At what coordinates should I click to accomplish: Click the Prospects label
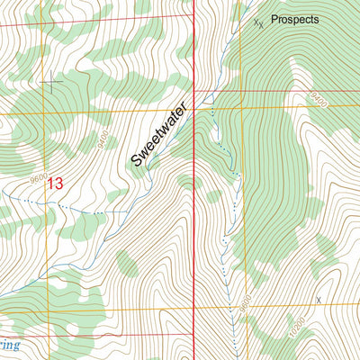click(x=294, y=18)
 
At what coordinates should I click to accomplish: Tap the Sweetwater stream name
click(x=163, y=133)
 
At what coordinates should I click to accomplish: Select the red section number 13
click(x=56, y=184)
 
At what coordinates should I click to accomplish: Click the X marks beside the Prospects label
click(x=258, y=22)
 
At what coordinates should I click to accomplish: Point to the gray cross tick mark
click(x=52, y=84)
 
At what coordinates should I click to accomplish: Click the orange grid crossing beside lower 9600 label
click(x=243, y=308)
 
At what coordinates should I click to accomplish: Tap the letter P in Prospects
click(x=274, y=18)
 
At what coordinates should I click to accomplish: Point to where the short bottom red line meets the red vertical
click(x=195, y=335)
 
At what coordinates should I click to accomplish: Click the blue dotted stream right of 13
click(x=85, y=211)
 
